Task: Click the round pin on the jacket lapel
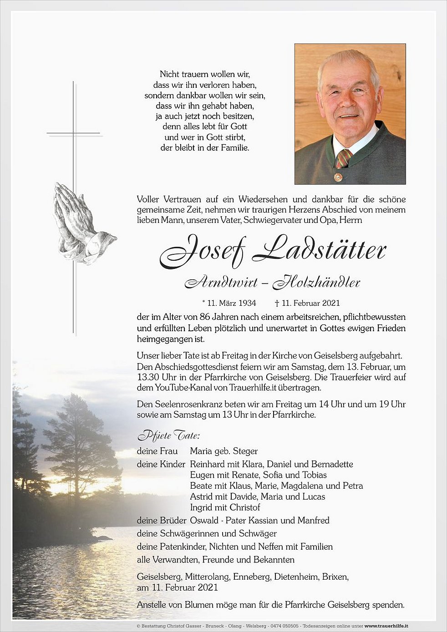(x=338, y=176)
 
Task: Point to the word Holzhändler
(x=317, y=283)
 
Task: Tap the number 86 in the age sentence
(x=205, y=317)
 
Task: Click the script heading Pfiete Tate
(x=168, y=436)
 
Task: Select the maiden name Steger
(x=245, y=451)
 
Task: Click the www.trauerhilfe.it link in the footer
(x=386, y=626)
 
